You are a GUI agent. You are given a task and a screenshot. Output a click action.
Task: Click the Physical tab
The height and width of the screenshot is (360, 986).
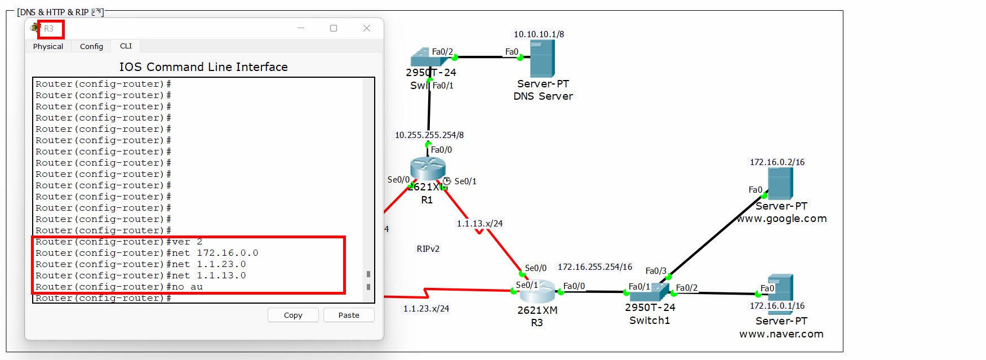(48, 46)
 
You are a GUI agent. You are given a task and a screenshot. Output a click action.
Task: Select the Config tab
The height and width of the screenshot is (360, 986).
(91, 46)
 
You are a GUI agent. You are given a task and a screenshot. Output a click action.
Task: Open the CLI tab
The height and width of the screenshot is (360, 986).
(126, 46)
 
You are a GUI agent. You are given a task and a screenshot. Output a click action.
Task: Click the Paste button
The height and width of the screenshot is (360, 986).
(349, 315)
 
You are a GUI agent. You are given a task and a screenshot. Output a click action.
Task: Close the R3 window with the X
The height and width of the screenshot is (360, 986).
(367, 28)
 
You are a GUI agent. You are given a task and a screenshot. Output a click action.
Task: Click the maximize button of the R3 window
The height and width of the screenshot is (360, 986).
(334, 28)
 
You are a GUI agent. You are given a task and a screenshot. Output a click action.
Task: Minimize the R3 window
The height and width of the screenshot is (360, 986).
(301, 28)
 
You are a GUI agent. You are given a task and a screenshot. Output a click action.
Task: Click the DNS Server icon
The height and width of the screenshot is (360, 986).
(542, 58)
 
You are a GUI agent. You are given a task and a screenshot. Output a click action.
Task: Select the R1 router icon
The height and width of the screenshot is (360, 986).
(428, 169)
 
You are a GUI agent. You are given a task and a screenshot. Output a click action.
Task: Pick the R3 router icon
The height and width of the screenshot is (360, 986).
(537, 291)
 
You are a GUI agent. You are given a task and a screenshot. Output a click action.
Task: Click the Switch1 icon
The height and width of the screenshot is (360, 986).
(649, 292)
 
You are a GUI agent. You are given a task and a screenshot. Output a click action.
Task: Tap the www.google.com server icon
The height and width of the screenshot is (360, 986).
(780, 183)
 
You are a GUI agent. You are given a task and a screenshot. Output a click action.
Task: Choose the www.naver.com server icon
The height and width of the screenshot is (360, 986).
(780, 287)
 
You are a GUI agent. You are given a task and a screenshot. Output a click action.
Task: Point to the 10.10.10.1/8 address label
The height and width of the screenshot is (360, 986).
(539, 34)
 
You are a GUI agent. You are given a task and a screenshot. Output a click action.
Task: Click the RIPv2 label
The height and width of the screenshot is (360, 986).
(428, 248)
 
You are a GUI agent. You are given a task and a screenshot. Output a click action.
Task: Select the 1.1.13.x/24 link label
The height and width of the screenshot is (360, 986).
(479, 224)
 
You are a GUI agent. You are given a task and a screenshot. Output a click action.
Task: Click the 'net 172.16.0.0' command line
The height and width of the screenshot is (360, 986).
(147, 253)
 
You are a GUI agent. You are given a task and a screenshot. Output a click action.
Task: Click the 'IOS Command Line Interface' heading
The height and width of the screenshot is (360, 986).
(203, 67)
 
